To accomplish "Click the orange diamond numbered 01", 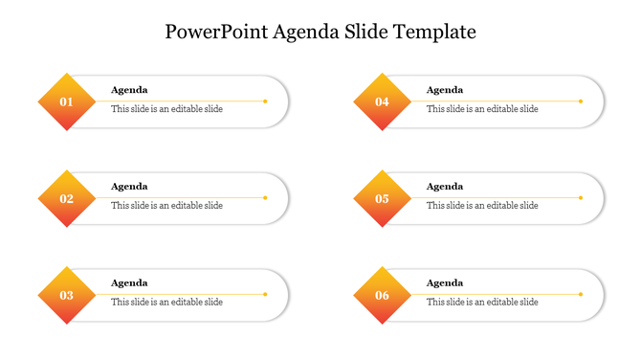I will click(66, 101).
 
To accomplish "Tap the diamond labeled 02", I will click(66, 198).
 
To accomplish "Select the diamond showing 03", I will click(66, 295).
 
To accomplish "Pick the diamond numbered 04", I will click(382, 101).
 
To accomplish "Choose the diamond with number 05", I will click(382, 198).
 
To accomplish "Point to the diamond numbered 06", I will click(382, 295).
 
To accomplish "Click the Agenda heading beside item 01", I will click(129, 90).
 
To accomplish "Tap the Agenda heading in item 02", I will click(129, 187).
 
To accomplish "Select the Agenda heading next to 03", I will click(129, 283).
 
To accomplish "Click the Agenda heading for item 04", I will click(445, 90).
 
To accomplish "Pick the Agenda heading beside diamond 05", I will click(445, 187).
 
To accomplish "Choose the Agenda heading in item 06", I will click(445, 283).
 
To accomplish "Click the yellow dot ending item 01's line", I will click(265, 101).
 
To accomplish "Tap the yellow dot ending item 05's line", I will click(581, 197).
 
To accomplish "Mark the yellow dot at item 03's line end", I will click(265, 294).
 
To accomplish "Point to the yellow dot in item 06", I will click(581, 294).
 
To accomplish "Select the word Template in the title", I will click(435, 32).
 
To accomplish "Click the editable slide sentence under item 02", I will click(166, 206).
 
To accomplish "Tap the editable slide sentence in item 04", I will click(482, 109).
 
